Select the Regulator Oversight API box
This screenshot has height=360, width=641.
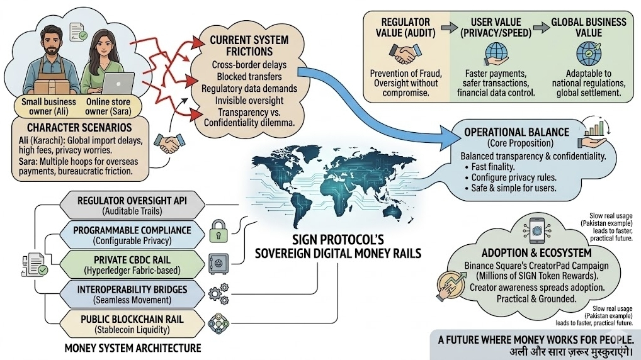[x=132, y=205]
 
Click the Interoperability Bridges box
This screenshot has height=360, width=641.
[x=132, y=293]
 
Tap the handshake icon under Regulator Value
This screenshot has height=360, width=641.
[x=400, y=54]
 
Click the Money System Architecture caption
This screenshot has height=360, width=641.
[x=133, y=347]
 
